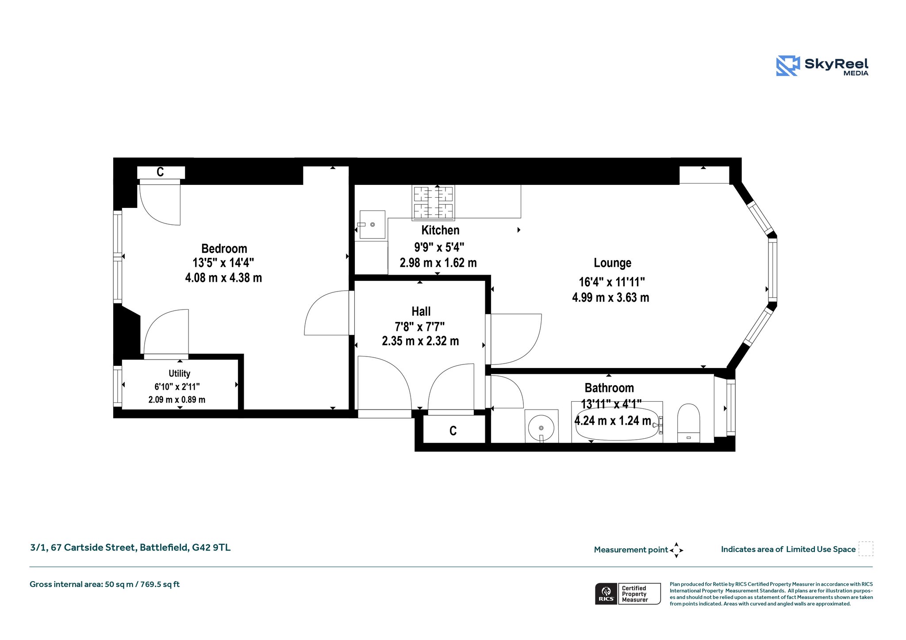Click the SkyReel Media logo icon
pos(788,66)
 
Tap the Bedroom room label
pos(224,249)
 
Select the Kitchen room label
pos(440,230)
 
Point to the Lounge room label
pos(612,263)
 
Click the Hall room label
pos(421,311)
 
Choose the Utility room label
pos(179,373)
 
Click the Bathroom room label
pos(609,388)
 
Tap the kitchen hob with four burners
pos(434,203)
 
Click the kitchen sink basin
pos(372,225)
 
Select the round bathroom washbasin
pos(541,428)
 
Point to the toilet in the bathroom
pos(689,423)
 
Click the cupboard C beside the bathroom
pos(453,430)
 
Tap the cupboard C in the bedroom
pos(160,172)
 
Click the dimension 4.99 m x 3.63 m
pos(610,297)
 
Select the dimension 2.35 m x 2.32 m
pos(420,341)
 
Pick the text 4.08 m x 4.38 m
pos(223,278)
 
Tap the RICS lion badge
pos(606,594)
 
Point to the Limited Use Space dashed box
pos(866,548)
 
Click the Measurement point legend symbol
pos(676,550)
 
